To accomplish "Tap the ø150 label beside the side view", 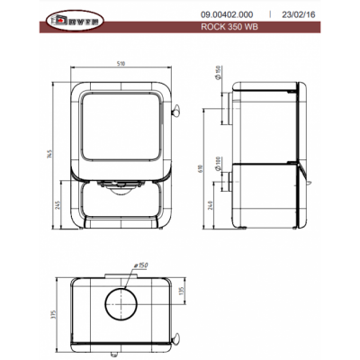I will pos(217,73).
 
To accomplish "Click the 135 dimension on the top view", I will pos(184,292).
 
